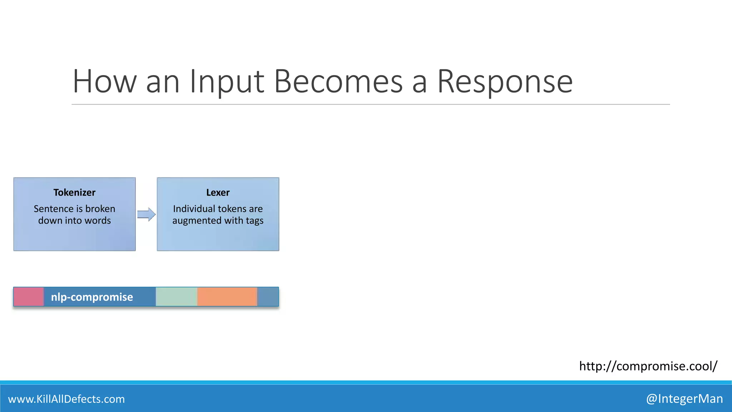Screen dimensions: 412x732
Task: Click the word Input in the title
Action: [227, 82]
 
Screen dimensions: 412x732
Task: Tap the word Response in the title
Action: [505, 82]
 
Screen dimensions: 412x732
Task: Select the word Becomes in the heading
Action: [338, 82]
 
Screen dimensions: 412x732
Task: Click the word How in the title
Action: [104, 82]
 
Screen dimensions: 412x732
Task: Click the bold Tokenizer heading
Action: [74, 192]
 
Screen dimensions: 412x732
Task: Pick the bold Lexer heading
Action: [218, 192]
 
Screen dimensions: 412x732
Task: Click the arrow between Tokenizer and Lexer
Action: [146, 215]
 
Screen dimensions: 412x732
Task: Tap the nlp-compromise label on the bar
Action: [92, 297]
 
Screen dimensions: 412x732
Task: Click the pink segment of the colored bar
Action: [29, 297]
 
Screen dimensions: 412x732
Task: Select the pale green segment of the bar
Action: [176, 297]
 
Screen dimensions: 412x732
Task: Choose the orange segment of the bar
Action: [227, 297]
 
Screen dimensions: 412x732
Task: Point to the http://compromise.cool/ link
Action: [648, 366]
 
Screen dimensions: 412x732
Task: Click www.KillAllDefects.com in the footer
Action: [66, 399]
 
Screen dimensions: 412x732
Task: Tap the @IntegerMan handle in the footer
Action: [684, 398]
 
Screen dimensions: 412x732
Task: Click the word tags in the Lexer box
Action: [254, 221]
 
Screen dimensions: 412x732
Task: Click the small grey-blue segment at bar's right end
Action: [268, 297]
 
